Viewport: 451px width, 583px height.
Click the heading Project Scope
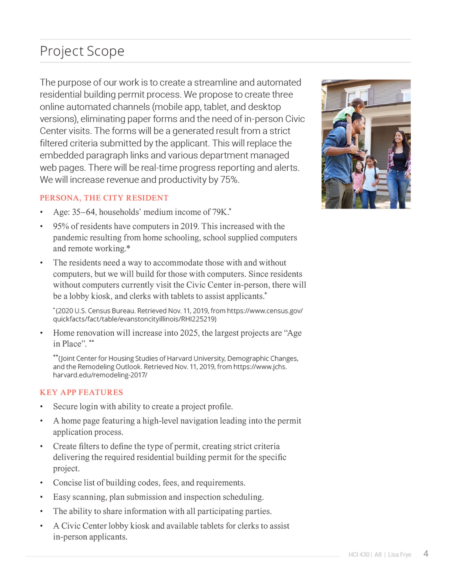click(x=82, y=51)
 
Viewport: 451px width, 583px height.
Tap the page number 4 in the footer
click(x=426, y=554)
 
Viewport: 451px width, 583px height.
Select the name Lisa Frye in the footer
click(x=400, y=555)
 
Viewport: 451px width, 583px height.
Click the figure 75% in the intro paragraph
click(x=229, y=180)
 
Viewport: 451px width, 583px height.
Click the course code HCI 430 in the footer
click(x=359, y=555)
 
